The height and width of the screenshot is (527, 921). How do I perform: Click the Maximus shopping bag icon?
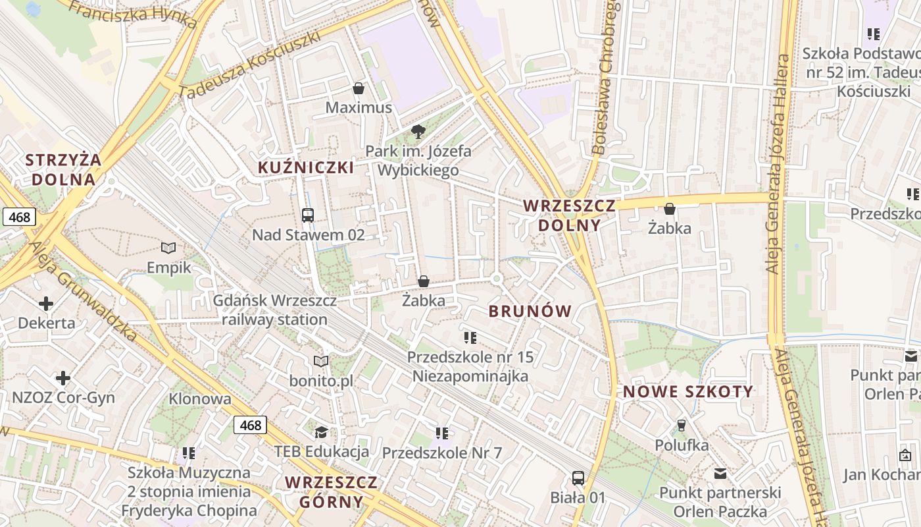[x=359, y=88]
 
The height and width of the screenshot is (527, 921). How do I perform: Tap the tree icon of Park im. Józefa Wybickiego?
[x=418, y=132]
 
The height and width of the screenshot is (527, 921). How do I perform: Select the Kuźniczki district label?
[x=306, y=167]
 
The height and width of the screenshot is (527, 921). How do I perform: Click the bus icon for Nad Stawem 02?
[x=307, y=215]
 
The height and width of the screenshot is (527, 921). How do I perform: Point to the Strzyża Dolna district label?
[x=63, y=169]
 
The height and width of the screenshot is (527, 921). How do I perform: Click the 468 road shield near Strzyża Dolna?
[x=18, y=217]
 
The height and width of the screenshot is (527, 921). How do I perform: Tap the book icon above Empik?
[x=168, y=248]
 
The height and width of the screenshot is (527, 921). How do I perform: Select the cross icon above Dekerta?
[x=46, y=304]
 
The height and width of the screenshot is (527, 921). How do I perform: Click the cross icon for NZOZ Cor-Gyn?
[x=63, y=378]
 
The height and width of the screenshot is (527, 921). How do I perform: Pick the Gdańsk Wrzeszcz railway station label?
[x=274, y=310]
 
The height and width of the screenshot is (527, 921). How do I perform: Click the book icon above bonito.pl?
[x=321, y=362]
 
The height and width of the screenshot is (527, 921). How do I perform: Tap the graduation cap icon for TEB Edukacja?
[x=321, y=432]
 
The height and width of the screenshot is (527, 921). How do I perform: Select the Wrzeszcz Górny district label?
[x=332, y=491]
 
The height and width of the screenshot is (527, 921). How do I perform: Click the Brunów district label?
[x=530, y=312]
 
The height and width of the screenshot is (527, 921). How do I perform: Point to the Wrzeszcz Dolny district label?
[x=570, y=215]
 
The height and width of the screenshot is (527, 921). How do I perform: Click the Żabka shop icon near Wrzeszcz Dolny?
[x=669, y=209]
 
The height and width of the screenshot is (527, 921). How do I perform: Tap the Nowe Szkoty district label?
[x=688, y=391]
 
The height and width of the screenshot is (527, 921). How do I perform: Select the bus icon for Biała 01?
[x=578, y=478]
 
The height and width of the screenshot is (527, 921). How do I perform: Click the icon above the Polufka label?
[x=681, y=426]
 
